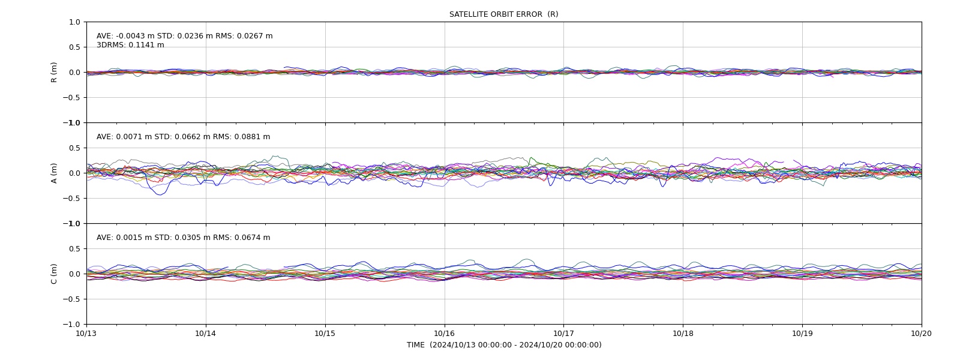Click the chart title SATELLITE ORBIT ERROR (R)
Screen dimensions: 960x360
(x=503, y=14)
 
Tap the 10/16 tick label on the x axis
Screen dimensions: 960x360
(x=445, y=334)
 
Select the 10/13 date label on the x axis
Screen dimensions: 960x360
(x=86, y=334)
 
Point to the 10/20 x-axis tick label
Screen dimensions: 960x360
(x=922, y=334)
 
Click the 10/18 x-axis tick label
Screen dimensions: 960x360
(x=683, y=334)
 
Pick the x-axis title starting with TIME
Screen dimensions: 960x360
(x=504, y=345)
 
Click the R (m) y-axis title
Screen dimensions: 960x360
(x=53, y=73)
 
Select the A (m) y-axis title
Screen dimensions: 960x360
(x=53, y=173)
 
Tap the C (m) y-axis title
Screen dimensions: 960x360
(x=53, y=274)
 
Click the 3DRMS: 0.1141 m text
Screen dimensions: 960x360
(x=130, y=45)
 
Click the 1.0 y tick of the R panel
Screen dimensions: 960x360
(x=74, y=22)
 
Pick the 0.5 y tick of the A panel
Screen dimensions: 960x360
(x=74, y=148)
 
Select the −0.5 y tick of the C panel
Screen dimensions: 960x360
(x=71, y=299)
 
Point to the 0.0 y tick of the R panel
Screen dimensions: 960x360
(x=74, y=73)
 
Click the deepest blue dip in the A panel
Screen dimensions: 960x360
(x=160, y=194)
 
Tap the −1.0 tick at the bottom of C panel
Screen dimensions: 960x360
(x=71, y=325)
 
